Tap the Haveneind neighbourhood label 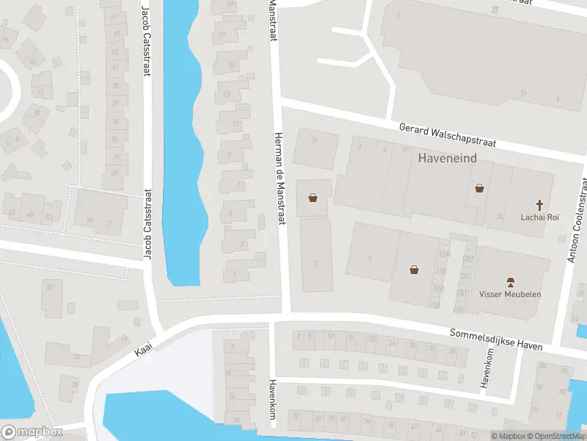click(x=448, y=158)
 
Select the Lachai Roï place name click(x=540, y=218)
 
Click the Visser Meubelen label click(x=510, y=295)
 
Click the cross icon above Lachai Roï click(x=540, y=204)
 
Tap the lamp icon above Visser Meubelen click(x=510, y=282)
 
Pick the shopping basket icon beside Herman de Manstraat click(x=313, y=197)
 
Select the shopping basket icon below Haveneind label click(x=479, y=187)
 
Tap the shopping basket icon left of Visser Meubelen click(x=415, y=270)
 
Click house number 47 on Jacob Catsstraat click(x=114, y=16)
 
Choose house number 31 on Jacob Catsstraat click(x=115, y=156)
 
